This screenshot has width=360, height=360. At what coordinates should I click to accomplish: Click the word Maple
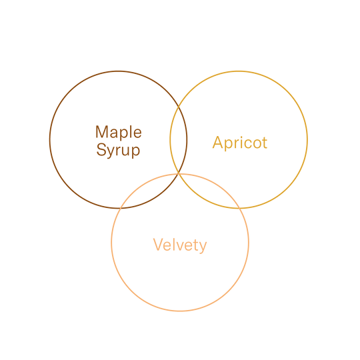point(119,133)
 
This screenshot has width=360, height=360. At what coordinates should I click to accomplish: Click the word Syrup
point(118,150)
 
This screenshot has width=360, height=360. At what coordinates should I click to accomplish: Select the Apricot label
point(240,143)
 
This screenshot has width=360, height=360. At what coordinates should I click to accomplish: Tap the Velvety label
point(180,245)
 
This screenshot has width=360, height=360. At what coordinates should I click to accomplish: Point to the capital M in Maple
point(102,132)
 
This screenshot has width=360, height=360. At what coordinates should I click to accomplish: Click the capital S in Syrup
point(101,149)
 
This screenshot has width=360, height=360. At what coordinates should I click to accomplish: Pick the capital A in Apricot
point(218,142)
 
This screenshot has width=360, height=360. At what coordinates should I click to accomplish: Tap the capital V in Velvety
point(158,245)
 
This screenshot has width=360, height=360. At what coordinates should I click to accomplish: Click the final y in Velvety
point(202,247)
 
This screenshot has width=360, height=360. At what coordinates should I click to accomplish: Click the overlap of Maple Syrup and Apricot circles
point(179,139)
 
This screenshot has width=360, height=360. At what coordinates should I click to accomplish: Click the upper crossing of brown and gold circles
point(179,107)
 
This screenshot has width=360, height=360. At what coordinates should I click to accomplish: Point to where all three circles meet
point(179,173)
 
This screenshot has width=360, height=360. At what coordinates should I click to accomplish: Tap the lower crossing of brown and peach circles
point(119,208)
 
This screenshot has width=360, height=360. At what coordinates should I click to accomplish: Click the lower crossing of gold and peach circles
point(239,208)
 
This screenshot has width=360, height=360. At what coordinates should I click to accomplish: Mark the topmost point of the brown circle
point(119,71)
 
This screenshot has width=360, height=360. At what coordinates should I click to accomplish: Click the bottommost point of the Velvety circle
point(180,311)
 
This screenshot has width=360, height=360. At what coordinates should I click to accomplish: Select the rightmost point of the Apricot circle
point(307,139)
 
